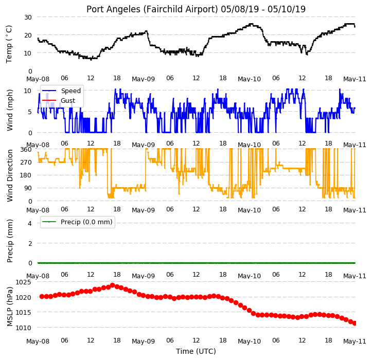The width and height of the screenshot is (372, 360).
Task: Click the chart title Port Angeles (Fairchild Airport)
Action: [152, 9]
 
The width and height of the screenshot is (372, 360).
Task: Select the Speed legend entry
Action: [61, 91]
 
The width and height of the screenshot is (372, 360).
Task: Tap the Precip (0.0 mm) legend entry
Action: [77, 222]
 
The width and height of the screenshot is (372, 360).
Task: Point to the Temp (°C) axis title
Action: [9, 44]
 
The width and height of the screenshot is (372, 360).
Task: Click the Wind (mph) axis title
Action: [10, 110]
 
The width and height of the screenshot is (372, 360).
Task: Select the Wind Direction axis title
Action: [10, 175]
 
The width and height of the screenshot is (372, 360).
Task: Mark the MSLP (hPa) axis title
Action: [10, 307]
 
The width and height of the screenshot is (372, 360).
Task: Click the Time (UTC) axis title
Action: [196, 351]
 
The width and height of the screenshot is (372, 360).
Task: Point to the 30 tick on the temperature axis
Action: [28, 17]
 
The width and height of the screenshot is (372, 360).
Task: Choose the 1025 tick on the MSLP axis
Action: [24, 282]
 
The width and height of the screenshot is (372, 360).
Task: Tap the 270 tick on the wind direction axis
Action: [26, 163]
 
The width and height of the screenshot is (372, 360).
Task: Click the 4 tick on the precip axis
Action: [30, 223]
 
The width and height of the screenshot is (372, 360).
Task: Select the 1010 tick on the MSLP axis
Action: [24, 328]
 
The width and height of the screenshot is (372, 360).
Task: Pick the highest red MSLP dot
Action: [113, 285]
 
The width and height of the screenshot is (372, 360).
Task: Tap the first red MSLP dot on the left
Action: [42, 296]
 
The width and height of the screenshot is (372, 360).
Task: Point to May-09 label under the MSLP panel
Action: [144, 341]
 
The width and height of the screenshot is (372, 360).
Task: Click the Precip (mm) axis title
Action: [10, 241]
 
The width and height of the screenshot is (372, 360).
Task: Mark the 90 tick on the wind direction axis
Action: [28, 188]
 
